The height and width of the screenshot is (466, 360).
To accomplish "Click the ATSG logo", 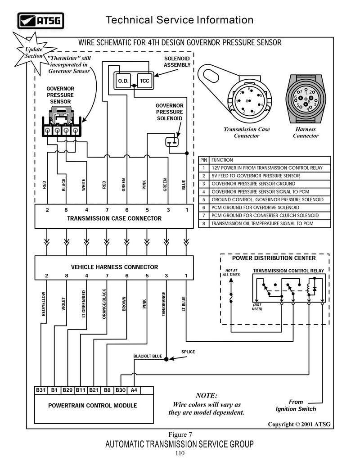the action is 40,21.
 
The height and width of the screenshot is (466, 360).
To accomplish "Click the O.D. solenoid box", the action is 123,81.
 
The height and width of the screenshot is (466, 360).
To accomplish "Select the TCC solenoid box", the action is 144,81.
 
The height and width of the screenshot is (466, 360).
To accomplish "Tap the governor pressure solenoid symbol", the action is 172,142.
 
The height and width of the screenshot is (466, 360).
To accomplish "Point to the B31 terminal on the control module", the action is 40,390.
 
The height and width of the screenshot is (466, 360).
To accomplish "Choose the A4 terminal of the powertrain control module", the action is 134,390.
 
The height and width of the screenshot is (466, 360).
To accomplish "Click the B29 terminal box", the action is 67,390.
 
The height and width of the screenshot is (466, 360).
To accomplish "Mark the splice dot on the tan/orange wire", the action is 166,359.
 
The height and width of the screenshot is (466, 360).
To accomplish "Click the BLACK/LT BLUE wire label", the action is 148,356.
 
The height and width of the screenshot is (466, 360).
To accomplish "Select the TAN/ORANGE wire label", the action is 164,304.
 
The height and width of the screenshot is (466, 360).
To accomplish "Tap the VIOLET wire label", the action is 63,304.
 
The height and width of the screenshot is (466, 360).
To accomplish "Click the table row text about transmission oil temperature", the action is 262,223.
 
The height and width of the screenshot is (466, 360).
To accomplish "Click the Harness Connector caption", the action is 306,132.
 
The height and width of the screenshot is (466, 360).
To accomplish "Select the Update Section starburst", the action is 34,53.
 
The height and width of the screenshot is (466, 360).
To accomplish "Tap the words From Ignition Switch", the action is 296,405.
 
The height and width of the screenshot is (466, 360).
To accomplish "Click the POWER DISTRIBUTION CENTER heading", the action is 274,258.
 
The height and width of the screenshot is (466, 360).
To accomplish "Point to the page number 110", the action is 180,453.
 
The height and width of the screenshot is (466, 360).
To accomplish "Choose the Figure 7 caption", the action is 180,434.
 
